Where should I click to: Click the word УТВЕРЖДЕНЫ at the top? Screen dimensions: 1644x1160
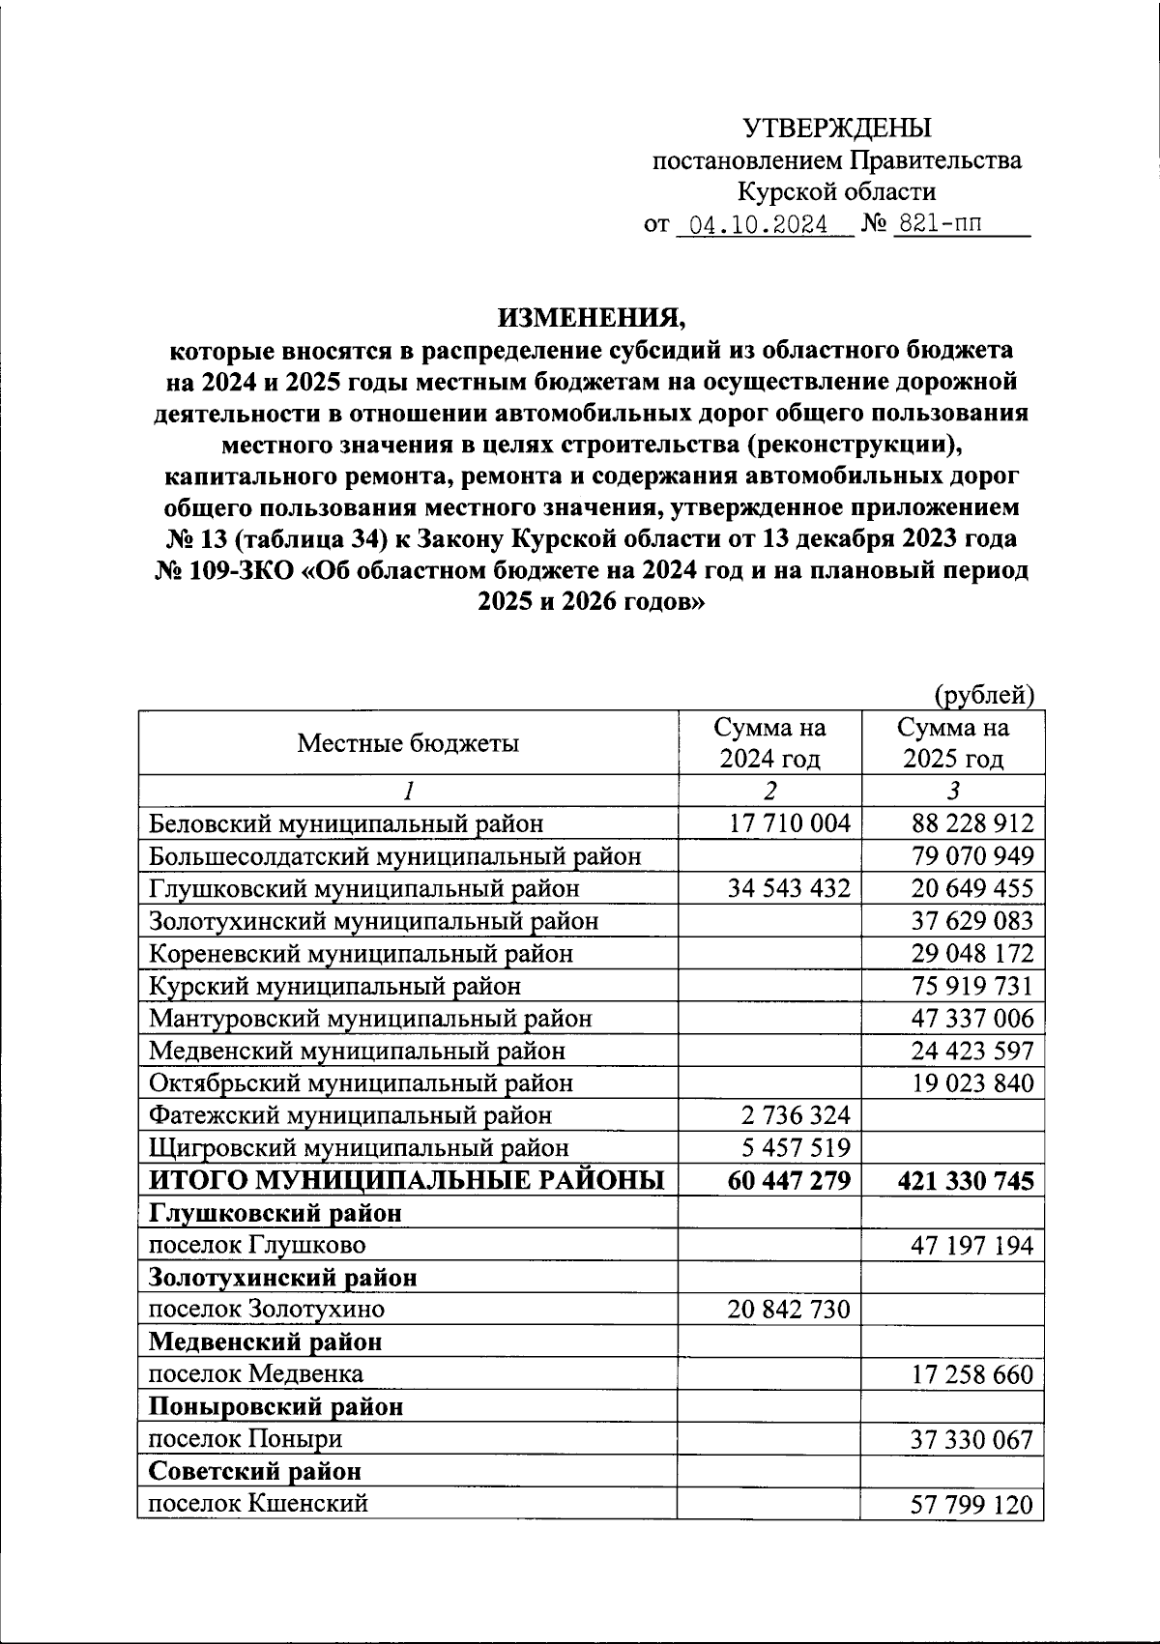[x=836, y=128]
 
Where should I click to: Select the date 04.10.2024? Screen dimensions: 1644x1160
[x=751, y=225]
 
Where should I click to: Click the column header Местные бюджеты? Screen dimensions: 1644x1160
[x=407, y=742]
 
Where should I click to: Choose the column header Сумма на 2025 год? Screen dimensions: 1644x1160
[x=952, y=742]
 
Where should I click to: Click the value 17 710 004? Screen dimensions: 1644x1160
[x=789, y=823]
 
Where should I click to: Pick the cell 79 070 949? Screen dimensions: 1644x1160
[x=971, y=856]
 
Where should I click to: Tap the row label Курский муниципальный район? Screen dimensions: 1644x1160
[x=334, y=986]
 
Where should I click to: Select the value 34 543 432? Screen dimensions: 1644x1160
[x=789, y=888]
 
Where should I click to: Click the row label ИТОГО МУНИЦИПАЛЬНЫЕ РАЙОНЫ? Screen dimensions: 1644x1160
[x=406, y=1180]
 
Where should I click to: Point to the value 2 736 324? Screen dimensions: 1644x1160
[x=796, y=1115]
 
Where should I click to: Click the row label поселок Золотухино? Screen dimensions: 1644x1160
[x=266, y=1310]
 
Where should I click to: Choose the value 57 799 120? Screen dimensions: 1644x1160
[x=971, y=1505]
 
